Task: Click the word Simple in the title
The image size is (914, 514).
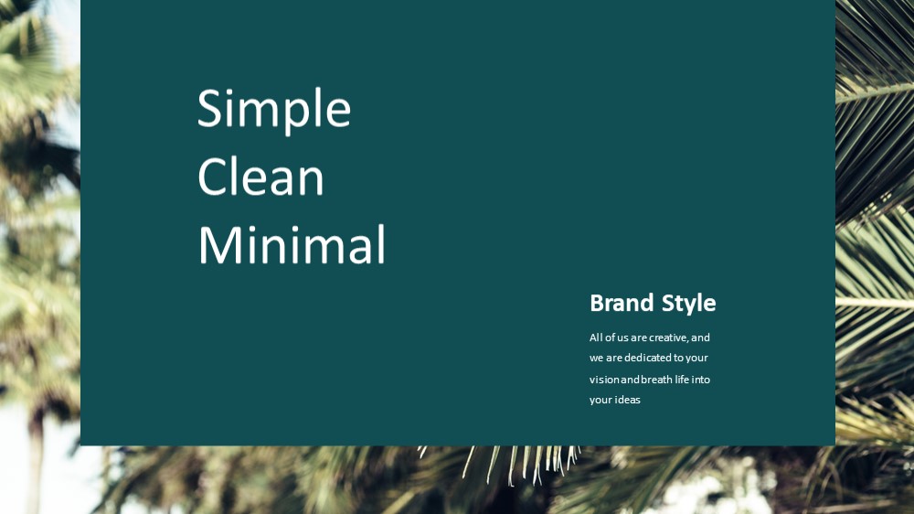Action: tap(274, 109)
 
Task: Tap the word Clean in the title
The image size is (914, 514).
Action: tap(260, 176)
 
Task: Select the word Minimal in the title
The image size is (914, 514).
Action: tap(292, 244)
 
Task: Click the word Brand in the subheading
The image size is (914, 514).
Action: tap(622, 303)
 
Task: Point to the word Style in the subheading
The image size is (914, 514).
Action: tap(688, 304)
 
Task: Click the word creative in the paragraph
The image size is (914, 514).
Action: tap(669, 337)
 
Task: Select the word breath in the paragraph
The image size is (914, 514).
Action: tap(656, 380)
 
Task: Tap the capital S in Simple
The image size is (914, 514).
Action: tap(210, 108)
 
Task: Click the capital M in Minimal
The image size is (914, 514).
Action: tap(216, 245)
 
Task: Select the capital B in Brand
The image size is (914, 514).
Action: tap(597, 304)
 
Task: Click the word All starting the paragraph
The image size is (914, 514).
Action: tap(596, 337)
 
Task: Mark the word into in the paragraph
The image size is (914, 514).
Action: tap(701, 380)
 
